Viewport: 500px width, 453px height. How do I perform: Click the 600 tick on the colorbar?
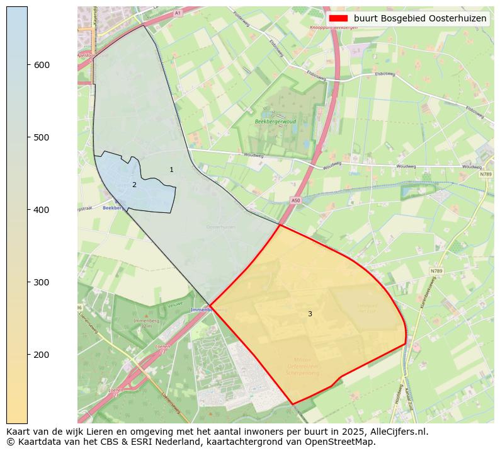pos(42,65)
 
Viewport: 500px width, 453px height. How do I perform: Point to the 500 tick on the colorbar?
pos(42,137)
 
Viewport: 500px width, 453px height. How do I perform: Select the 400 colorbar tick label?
pos(42,210)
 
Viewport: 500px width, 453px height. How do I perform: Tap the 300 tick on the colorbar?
pos(42,282)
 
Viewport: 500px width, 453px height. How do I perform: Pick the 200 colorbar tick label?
pos(42,355)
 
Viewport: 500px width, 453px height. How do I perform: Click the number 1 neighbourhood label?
pos(171,170)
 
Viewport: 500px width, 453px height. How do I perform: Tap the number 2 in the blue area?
pos(134,185)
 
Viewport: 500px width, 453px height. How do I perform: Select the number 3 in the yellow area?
pos(310,314)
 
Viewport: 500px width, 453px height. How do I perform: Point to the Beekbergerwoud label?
pos(275,121)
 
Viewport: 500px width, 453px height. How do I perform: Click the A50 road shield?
pos(296,200)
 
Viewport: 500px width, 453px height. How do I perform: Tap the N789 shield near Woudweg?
pos(486,175)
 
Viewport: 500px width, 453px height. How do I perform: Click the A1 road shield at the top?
pos(178,13)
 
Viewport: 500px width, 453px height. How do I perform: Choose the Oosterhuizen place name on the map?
pos(220,227)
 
